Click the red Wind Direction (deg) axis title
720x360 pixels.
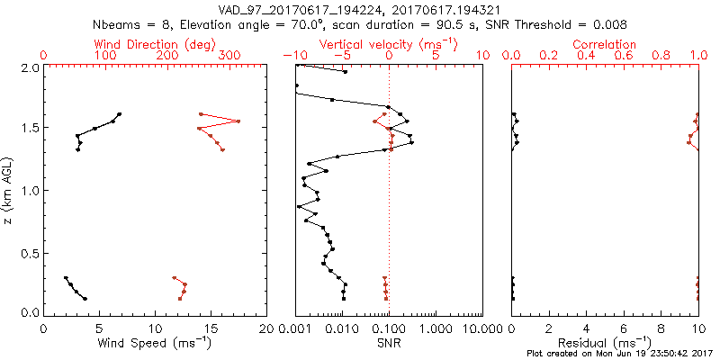(x=156, y=43)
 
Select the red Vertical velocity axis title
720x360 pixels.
(x=388, y=43)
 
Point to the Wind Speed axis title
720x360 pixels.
(x=156, y=342)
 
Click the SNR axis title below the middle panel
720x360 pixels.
(x=388, y=342)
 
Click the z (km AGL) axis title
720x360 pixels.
(x=10, y=189)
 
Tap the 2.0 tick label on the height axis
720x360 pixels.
(x=30, y=67)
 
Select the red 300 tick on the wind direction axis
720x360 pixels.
(x=230, y=56)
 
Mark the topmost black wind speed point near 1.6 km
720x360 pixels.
(x=119, y=114)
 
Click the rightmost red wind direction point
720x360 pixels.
(x=239, y=121)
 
